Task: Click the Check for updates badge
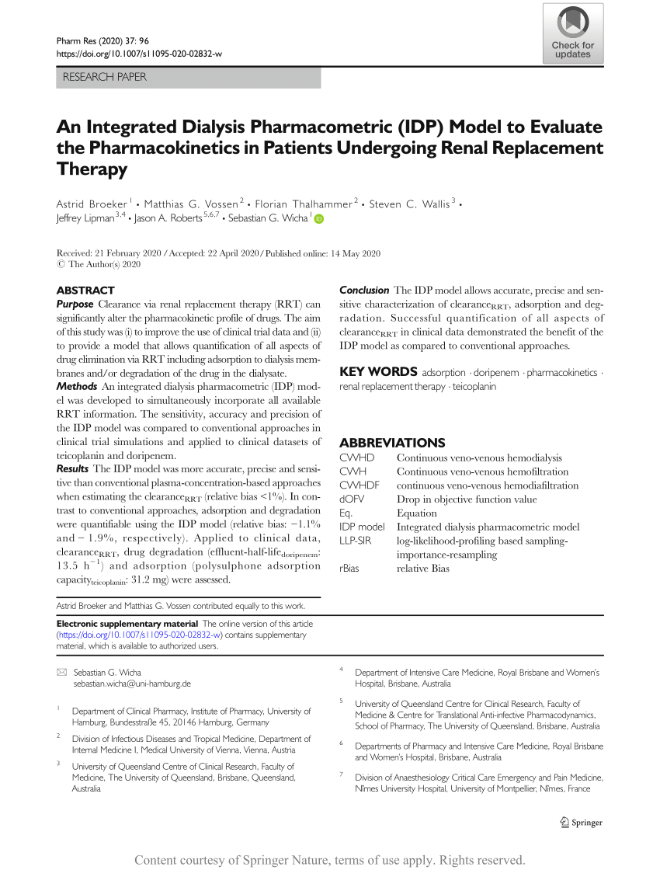click(572, 33)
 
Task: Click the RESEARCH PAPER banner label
click(104, 77)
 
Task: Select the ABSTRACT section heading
click(85, 290)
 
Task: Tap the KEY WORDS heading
click(377, 372)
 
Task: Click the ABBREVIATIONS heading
click(392, 443)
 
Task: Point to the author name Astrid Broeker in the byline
click(92, 204)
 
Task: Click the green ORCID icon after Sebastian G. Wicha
click(318, 219)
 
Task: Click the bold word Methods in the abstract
click(77, 386)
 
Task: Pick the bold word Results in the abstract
click(74, 469)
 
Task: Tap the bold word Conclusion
click(364, 290)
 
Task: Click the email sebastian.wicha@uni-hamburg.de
click(132, 684)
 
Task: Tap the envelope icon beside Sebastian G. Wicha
click(62, 672)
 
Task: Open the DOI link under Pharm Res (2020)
click(140, 54)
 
